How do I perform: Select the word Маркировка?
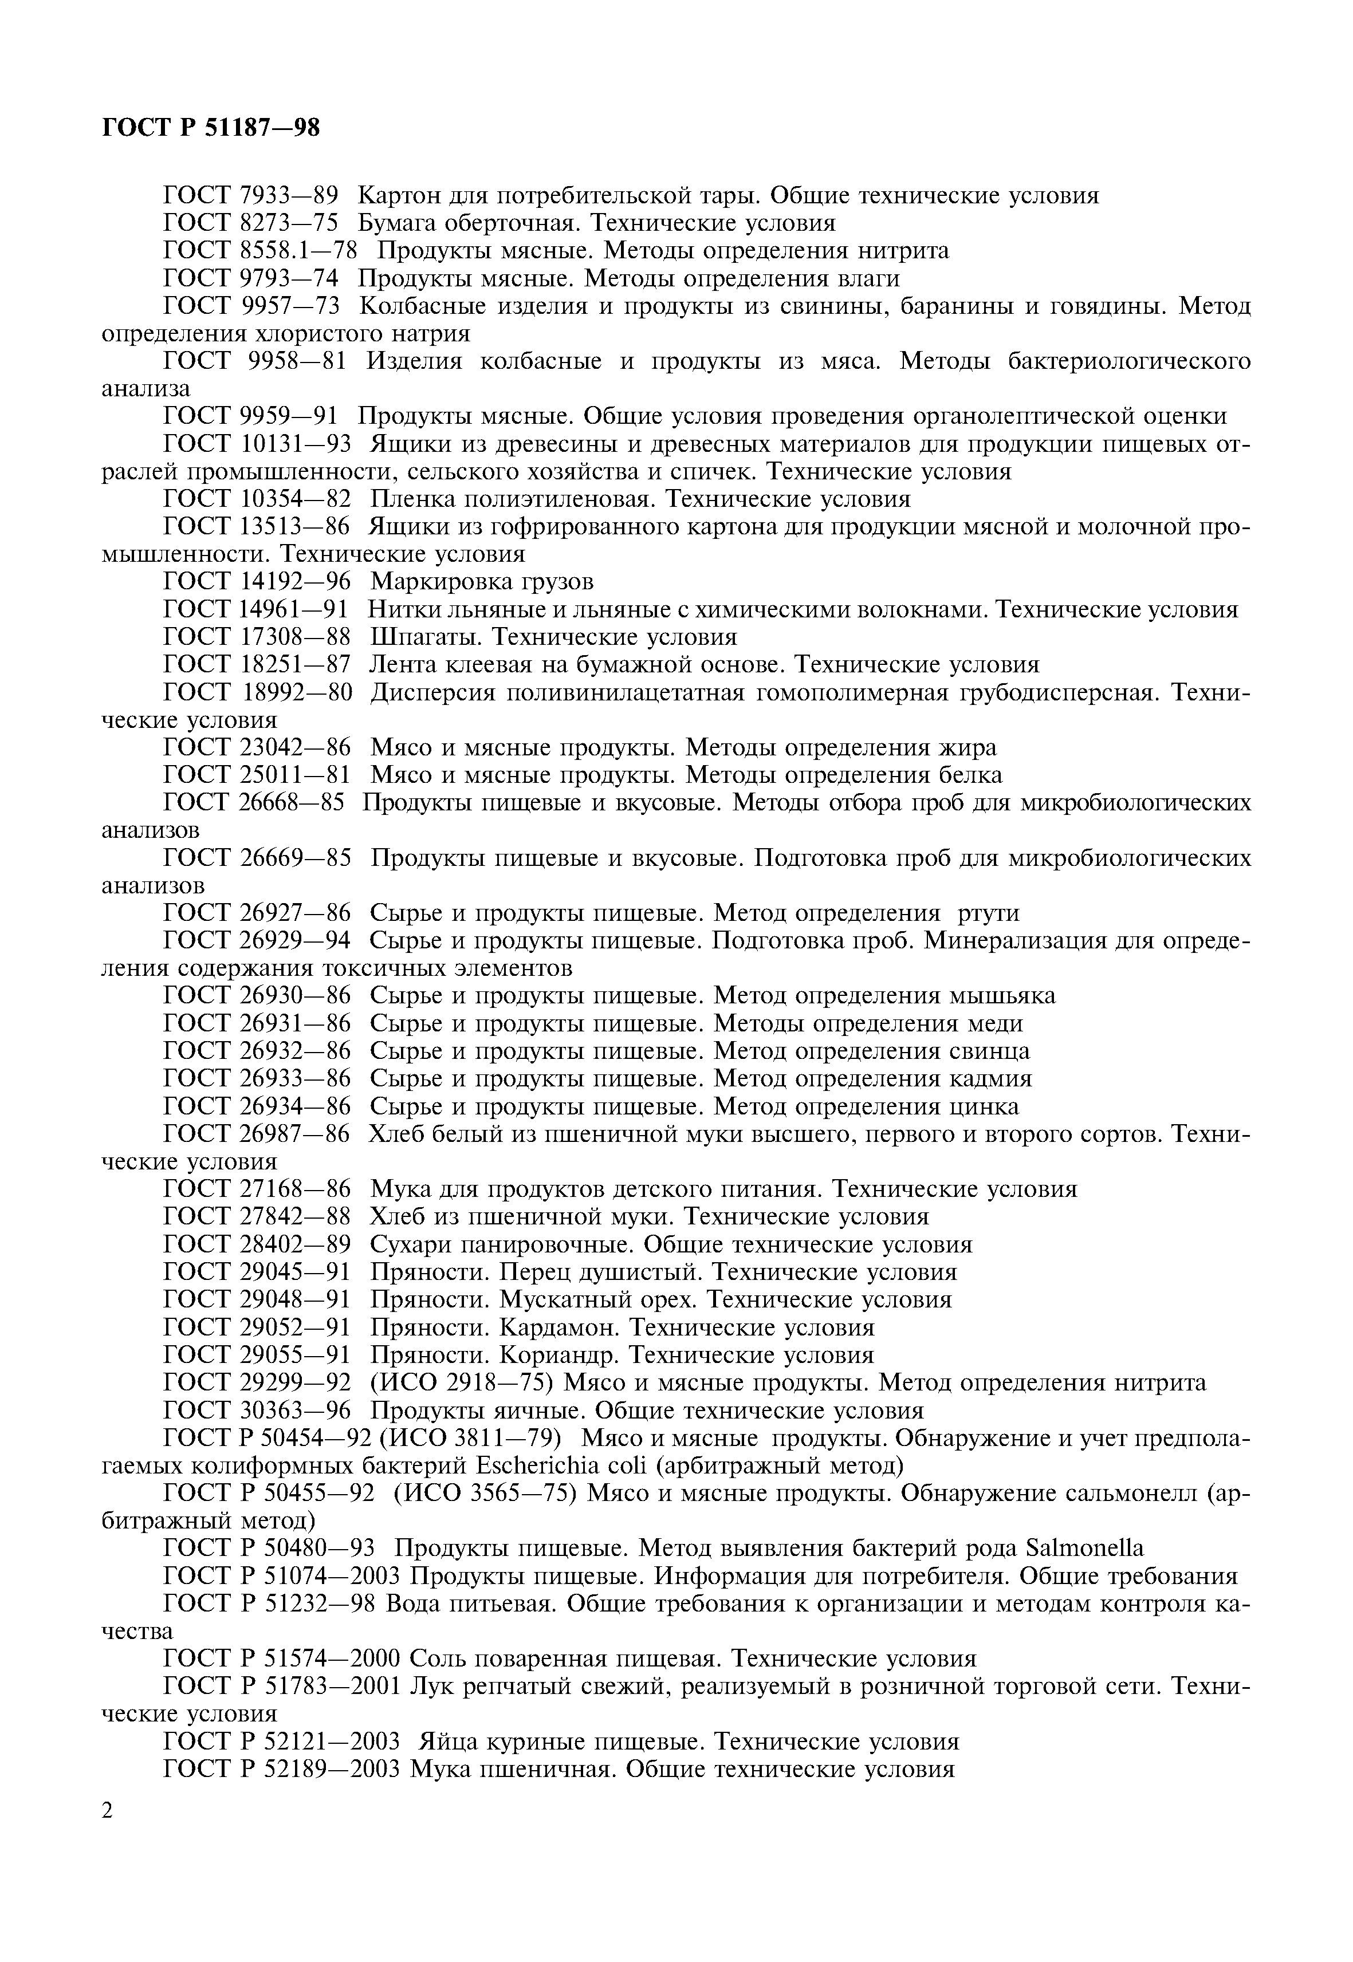click(x=436, y=581)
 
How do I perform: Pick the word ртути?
click(x=988, y=913)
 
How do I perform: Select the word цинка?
click(x=982, y=1107)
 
